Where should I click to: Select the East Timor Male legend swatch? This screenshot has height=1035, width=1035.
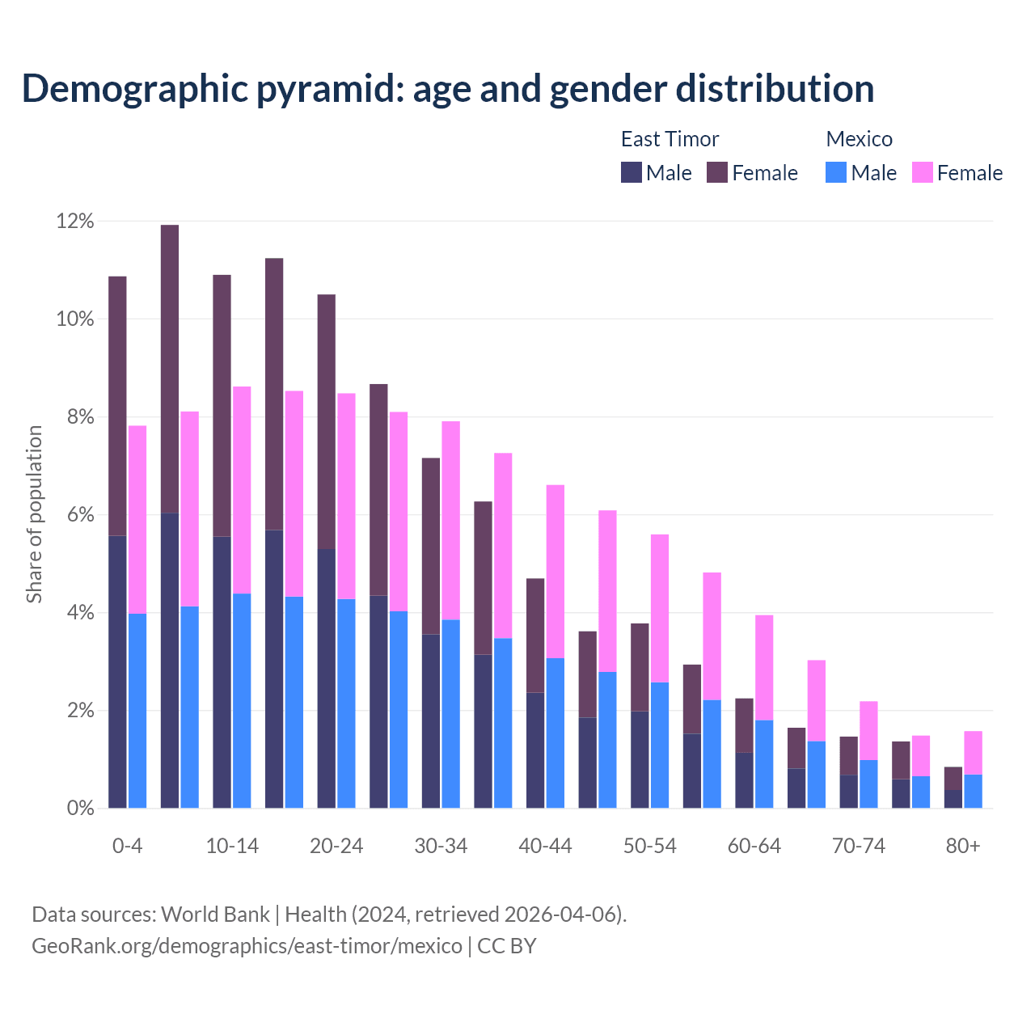[x=631, y=172]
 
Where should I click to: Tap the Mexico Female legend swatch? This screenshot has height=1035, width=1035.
[x=922, y=172]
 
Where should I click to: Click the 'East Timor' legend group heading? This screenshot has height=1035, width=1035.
[x=670, y=139]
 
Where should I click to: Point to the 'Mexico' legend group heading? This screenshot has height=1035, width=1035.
[x=859, y=139]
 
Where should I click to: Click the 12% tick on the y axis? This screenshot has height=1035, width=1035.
[x=75, y=221]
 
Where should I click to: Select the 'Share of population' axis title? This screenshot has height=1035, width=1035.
[x=34, y=514]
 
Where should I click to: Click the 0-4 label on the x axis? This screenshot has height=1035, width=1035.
[x=127, y=846]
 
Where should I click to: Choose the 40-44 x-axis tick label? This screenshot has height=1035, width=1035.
[x=545, y=846]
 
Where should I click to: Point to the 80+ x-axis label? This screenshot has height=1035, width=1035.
[x=963, y=846]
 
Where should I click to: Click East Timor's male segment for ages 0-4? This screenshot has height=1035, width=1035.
[x=117, y=671]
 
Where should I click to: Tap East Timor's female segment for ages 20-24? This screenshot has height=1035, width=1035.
[x=326, y=421]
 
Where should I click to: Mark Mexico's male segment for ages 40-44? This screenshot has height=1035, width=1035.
[x=556, y=733]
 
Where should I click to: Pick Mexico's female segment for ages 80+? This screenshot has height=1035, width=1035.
[x=973, y=753]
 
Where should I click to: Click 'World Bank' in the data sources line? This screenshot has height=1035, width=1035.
[x=215, y=915]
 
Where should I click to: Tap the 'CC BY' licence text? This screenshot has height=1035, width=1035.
[x=507, y=946]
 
